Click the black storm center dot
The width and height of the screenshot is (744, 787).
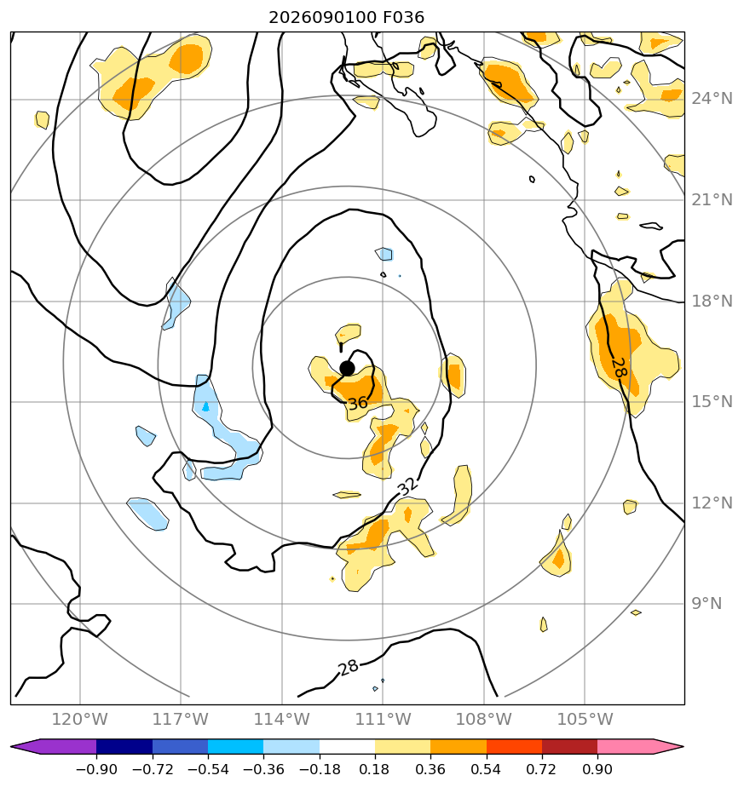pos(347,369)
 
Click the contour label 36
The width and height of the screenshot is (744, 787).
pos(358,403)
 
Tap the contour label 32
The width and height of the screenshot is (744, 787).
pos(407,485)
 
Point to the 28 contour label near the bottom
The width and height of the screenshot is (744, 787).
pos(349,667)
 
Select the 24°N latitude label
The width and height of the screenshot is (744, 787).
pos(712,99)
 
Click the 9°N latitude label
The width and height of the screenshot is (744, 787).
pos(707,603)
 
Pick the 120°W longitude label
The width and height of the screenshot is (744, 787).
pos(80,719)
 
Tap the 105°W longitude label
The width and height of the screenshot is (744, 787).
pos(585,719)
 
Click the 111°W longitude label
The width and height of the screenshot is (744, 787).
pos(383,719)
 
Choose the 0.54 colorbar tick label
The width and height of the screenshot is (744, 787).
pos(486,769)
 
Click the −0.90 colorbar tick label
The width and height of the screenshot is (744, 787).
pos(96,769)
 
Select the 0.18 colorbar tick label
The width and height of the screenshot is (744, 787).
pos(374,769)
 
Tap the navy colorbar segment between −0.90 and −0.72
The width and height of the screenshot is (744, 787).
pos(124,746)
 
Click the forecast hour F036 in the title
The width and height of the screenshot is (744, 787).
pos(403,18)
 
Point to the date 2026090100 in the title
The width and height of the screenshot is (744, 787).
pos(322,18)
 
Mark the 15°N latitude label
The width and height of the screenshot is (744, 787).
pos(712,401)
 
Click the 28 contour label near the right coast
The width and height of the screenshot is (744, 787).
pos(620,368)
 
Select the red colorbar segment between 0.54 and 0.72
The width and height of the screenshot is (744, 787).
pos(514,746)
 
